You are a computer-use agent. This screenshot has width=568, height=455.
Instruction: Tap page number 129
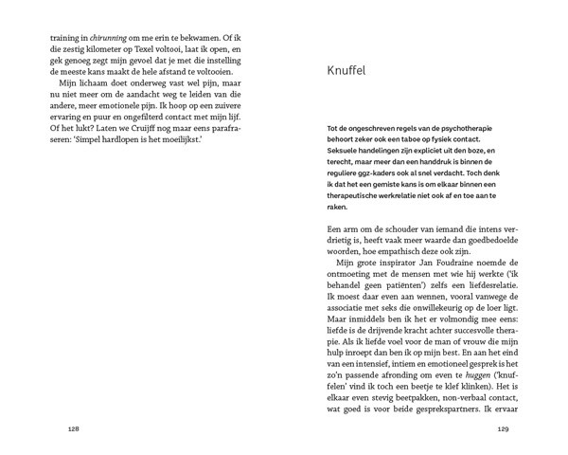click(x=504, y=429)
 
